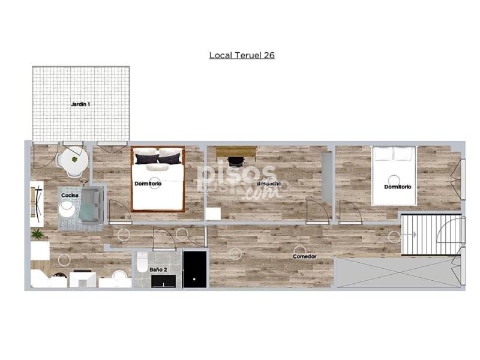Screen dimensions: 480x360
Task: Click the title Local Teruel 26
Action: click(x=242, y=55)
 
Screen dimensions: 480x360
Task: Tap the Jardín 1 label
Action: click(x=80, y=104)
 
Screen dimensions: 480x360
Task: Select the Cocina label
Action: click(x=70, y=196)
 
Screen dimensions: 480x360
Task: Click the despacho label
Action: click(x=269, y=184)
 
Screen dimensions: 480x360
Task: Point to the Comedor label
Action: click(x=305, y=257)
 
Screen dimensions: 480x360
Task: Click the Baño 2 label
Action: click(x=158, y=269)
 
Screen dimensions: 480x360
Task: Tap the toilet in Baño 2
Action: click(x=142, y=262)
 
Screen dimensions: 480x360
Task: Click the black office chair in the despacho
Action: click(x=236, y=161)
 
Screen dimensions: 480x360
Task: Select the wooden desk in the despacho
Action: click(x=236, y=152)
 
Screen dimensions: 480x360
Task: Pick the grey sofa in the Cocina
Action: click(x=91, y=205)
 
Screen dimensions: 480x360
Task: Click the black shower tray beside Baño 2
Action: click(x=194, y=269)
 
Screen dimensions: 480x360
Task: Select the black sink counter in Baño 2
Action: click(x=164, y=281)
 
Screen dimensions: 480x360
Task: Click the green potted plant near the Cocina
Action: click(x=37, y=235)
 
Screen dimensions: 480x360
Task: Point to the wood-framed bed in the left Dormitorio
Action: click(x=158, y=179)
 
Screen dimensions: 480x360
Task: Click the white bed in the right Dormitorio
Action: click(x=394, y=176)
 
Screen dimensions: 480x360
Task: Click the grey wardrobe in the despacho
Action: click(x=327, y=177)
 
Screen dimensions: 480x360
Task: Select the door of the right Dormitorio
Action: click(x=351, y=212)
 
